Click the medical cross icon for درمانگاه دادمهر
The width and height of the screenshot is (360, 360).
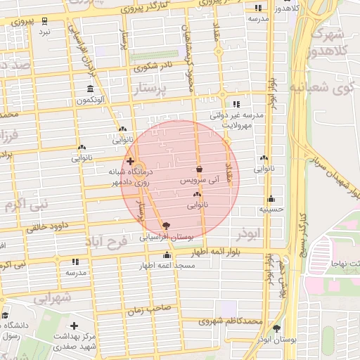tap(130, 161)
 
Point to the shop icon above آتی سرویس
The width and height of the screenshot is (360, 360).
tap(200, 169)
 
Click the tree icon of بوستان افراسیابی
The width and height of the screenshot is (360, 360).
tap(166, 226)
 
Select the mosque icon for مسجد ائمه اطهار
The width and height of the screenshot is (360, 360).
tap(167, 256)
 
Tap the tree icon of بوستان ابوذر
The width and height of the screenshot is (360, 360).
tap(276, 328)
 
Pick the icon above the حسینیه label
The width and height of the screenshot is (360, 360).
tap(271, 199)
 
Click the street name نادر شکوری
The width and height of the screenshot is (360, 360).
tap(153, 67)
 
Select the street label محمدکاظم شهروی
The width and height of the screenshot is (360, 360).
tap(230, 321)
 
